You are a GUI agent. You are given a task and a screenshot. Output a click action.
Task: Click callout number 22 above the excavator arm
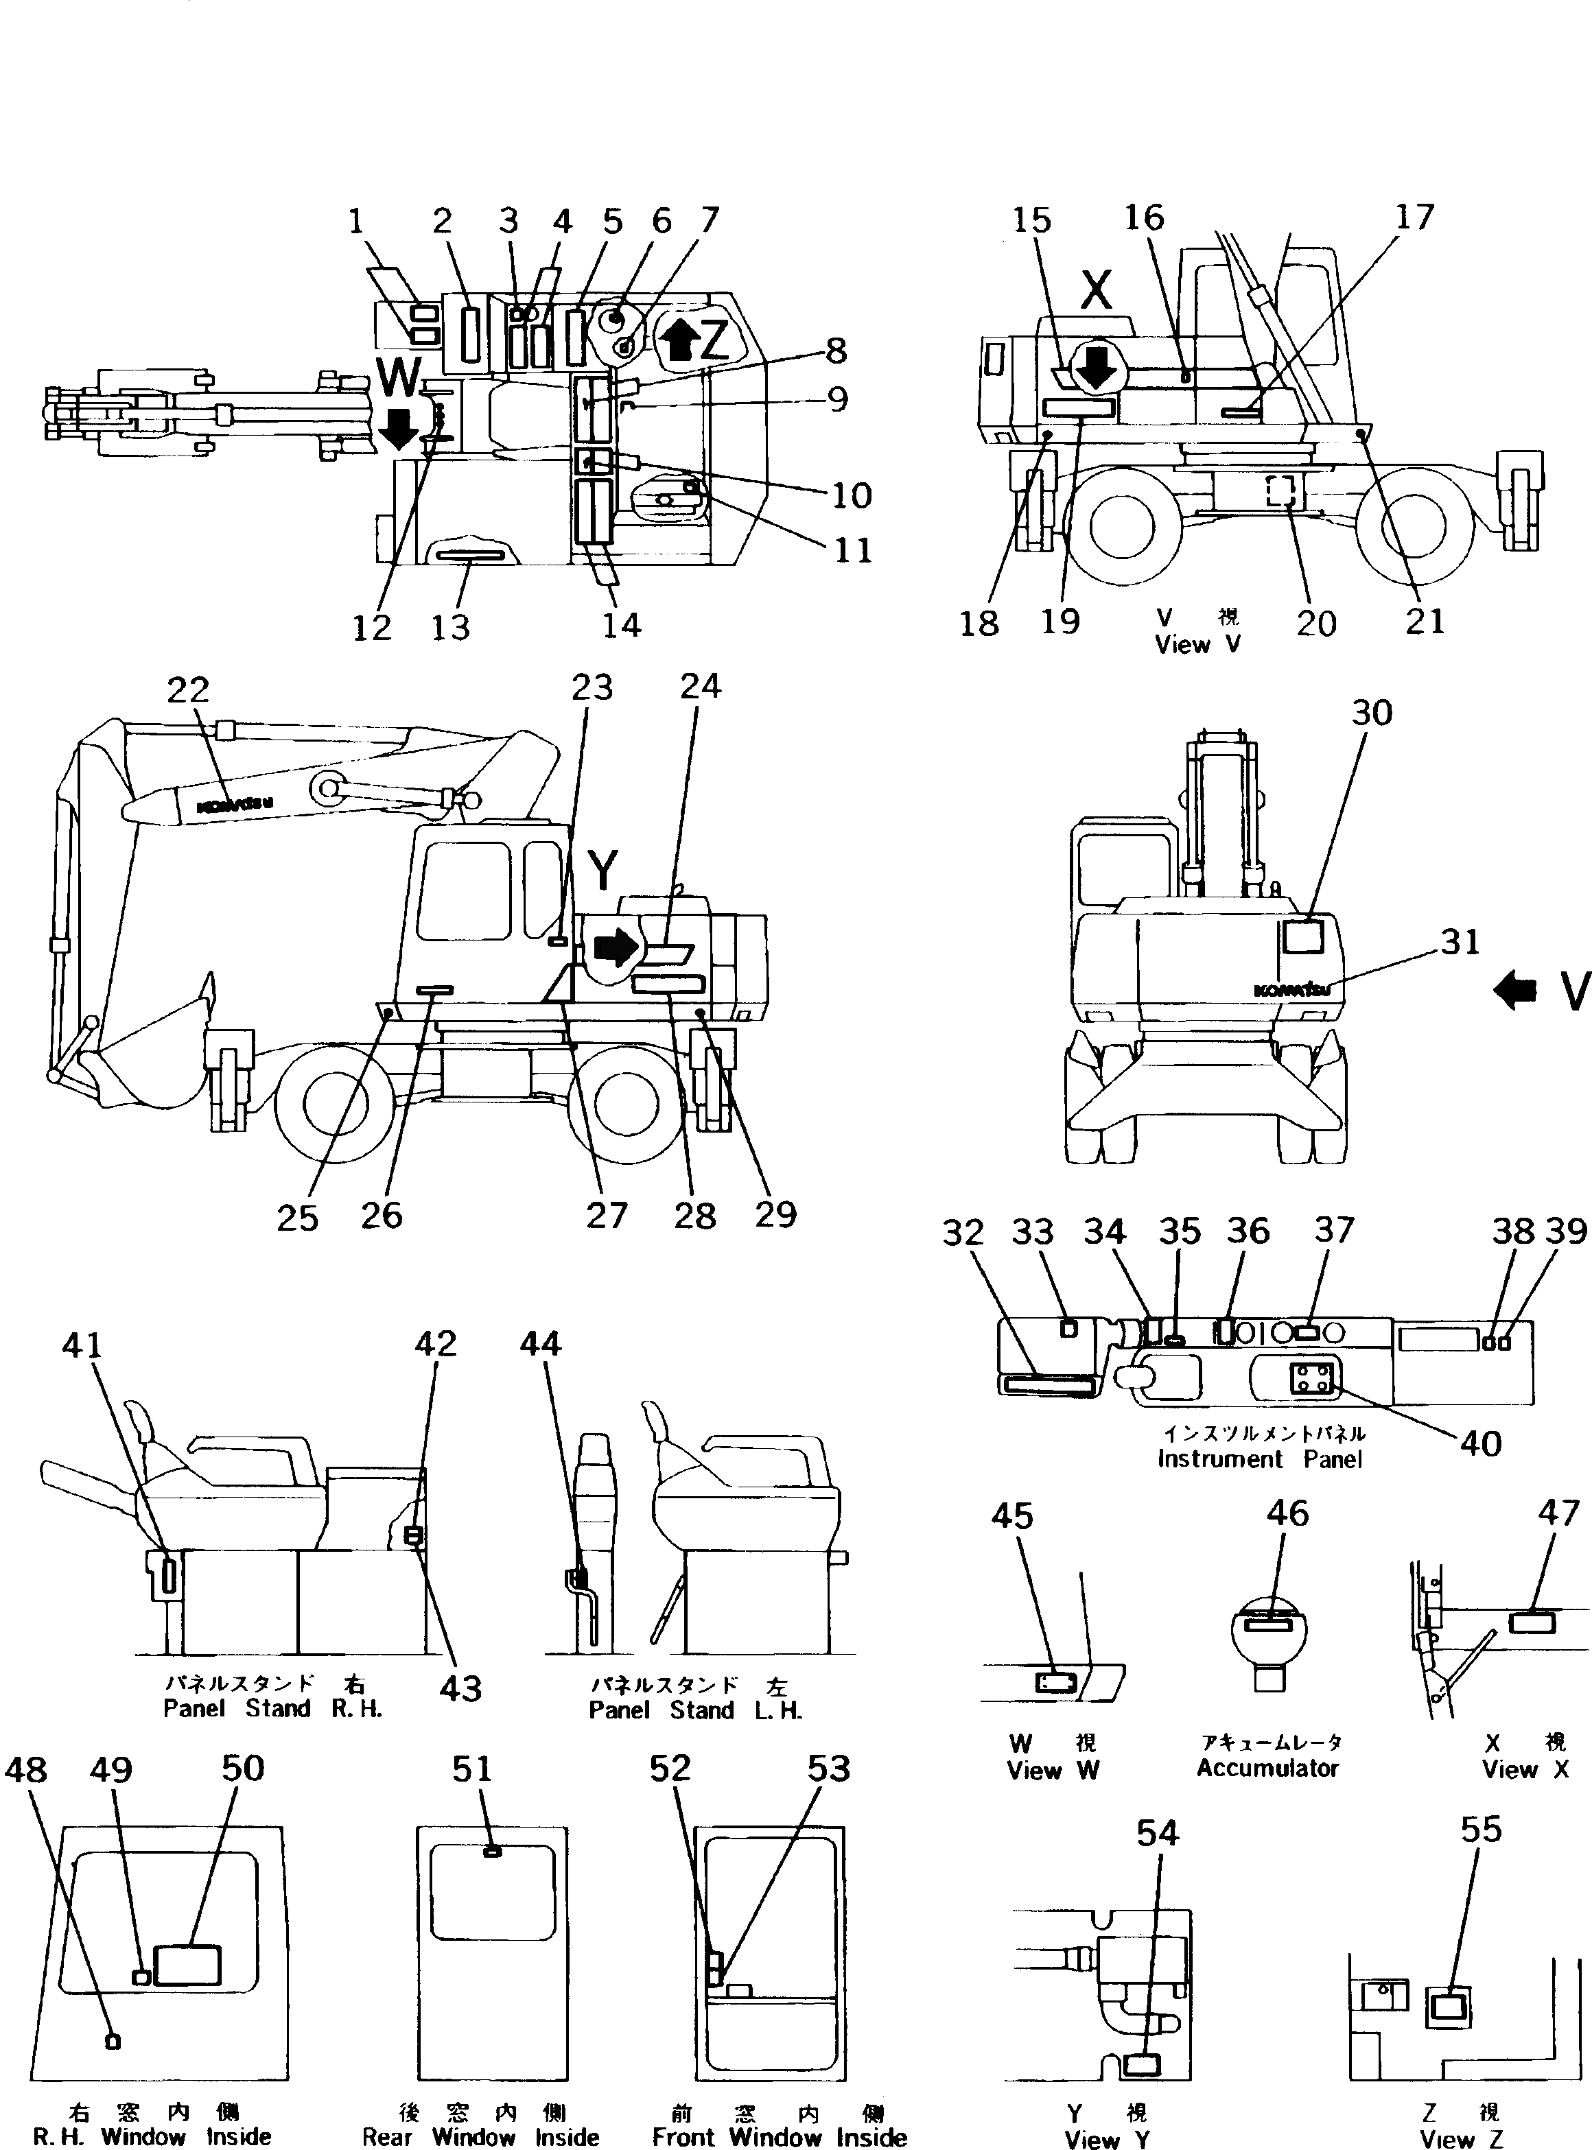click(x=188, y=689)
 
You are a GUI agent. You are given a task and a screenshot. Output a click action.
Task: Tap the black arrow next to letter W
click(x=398, y=429)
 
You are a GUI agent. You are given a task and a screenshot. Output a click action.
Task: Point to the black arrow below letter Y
click(x=616, y=948)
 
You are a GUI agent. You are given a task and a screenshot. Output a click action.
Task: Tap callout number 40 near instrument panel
click(x=1480, y=1443)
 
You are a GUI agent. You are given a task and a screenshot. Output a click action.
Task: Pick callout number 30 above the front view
click(x=1371, y=713)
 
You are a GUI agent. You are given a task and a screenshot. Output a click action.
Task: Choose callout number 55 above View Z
click(x=1480, y=1828)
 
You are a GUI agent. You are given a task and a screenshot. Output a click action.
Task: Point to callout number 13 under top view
click(x=450, y=627)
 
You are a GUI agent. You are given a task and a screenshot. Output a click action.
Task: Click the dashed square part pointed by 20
click(x=1280, y=493)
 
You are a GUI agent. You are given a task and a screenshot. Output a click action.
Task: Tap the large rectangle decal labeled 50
click(x=188, y=1964)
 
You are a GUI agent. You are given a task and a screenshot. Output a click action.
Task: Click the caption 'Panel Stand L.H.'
click(x=695, y=1710)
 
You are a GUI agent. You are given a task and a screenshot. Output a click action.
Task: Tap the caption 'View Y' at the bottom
click(x=1108, y=2138)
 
